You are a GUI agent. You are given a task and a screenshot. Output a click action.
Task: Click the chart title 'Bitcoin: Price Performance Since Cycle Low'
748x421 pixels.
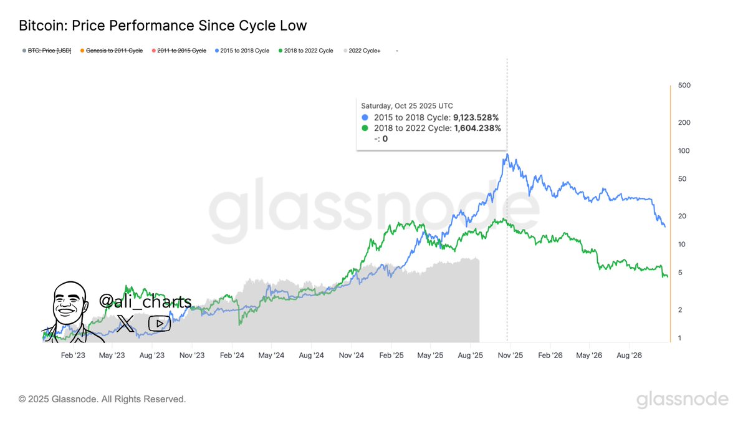[163, 26]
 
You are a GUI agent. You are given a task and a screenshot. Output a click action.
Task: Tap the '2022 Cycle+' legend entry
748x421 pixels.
[364, 51]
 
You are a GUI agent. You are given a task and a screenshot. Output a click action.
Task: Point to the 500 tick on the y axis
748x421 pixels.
[684, 85]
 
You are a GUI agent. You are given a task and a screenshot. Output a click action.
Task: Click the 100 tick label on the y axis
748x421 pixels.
[684, 151]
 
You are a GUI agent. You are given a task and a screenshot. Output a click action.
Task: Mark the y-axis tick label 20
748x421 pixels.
[682, 216]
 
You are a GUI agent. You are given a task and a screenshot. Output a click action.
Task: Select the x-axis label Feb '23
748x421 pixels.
[73, 355]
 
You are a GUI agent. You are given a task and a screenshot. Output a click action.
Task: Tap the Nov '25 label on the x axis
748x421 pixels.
[510, 355]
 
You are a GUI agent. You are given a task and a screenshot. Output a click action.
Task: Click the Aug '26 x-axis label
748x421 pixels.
[629, 355]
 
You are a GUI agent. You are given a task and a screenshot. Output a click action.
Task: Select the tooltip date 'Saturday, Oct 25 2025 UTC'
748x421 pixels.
[407, 105]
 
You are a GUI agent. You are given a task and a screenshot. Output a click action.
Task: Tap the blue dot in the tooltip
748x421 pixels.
[365, 117]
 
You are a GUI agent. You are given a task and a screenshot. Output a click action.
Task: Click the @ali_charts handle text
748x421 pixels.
[145, 302]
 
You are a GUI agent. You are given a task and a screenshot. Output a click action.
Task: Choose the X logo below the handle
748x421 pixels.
[125, 323]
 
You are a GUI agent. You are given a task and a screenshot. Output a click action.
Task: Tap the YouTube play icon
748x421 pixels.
[160, 323]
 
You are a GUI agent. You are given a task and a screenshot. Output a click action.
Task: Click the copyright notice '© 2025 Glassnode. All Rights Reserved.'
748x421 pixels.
[102, 399]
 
